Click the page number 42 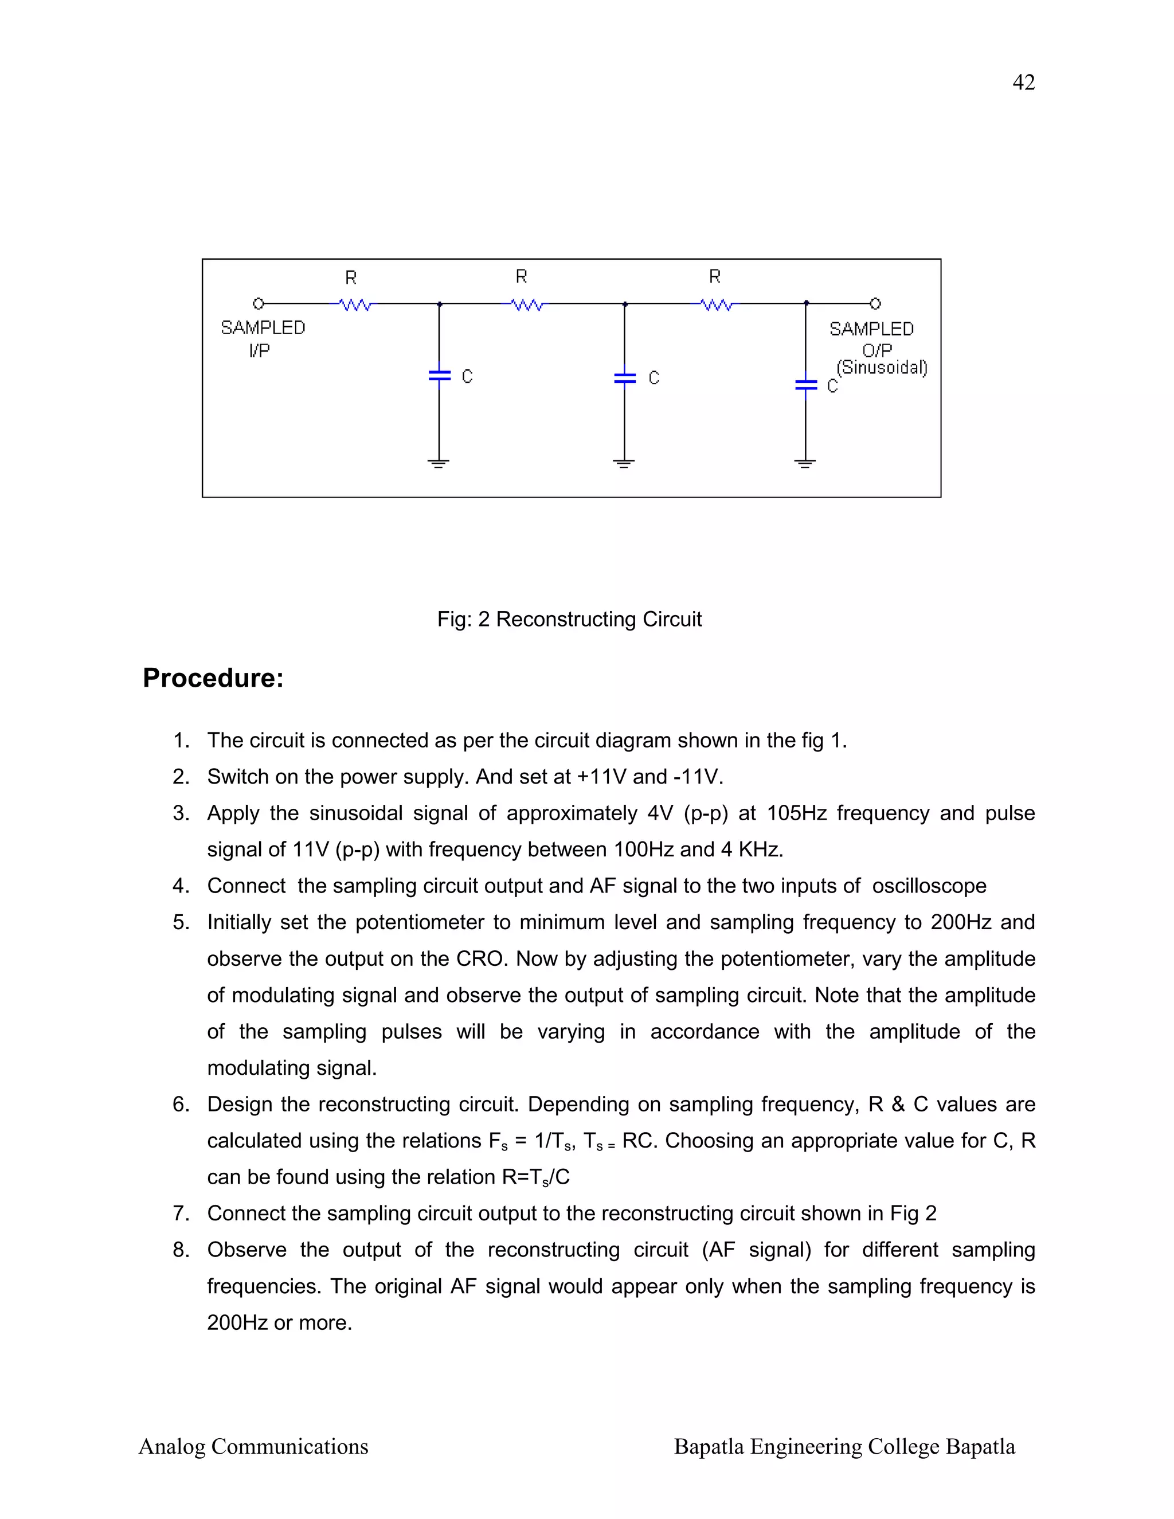[1023, 83]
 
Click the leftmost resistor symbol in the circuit [355, 304]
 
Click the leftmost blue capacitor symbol [439, 375]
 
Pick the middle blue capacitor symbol [625, 378]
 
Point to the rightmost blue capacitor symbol [805, 385]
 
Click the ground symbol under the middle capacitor [624, 463]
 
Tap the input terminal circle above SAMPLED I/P [258, 304]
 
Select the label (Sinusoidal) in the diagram [881, 367]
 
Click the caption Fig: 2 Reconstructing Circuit [569, 619]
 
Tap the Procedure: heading [213, 678]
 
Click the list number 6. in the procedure [181, 1104]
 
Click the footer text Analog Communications [253, 1447]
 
